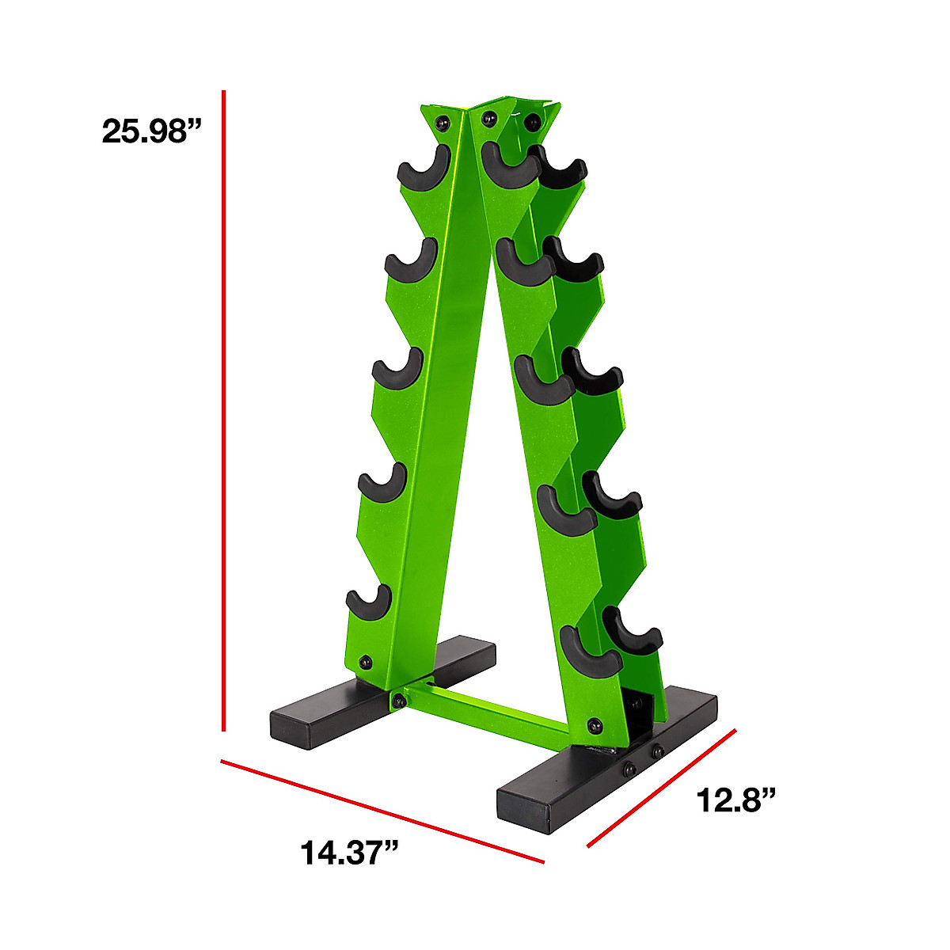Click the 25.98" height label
[x=152, y=131]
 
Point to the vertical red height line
[x=223, y=411]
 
